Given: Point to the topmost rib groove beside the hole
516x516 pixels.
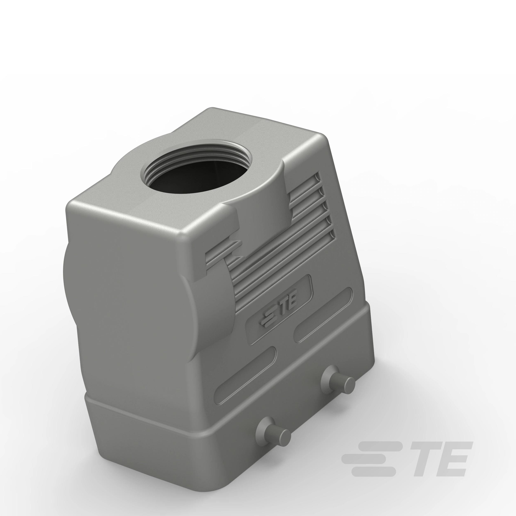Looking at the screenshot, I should point(305,178).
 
